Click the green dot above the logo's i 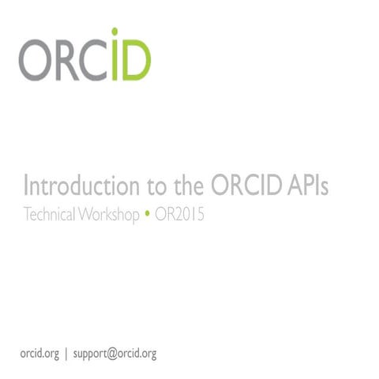[115, 33]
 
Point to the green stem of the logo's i [115, 63]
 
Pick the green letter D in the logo [136, 61]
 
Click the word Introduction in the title [72, 187]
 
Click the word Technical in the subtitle [51, 213]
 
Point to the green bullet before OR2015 [147, 213]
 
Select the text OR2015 [178, 213]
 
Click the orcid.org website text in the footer [39, 353]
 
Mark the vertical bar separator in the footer [66, 353]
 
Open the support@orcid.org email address [114, 353]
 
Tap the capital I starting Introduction [27, 187]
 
